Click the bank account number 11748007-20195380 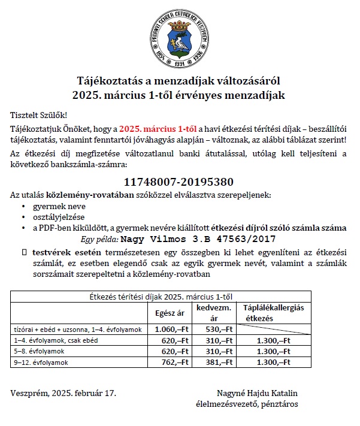179,182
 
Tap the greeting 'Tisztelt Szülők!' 39,114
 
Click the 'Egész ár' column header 170,313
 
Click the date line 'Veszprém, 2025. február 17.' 63,393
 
